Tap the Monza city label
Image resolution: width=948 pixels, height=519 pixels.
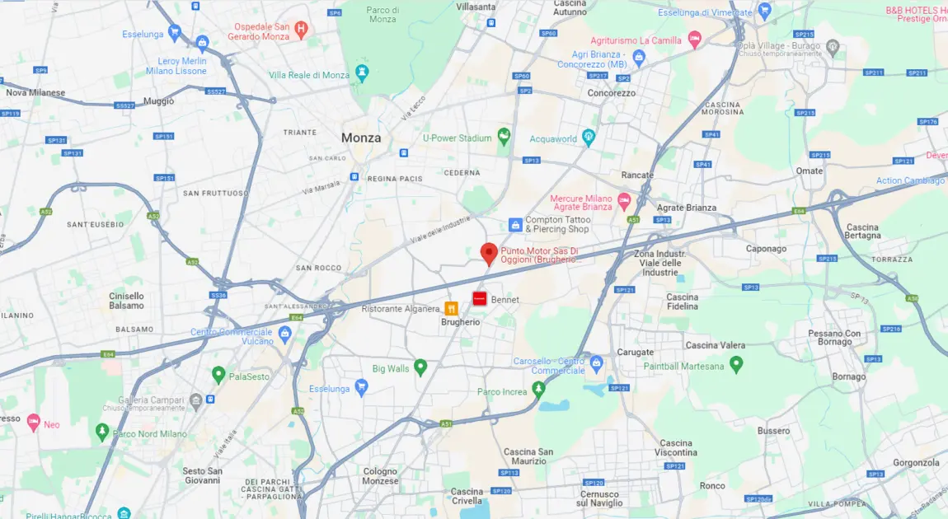361,138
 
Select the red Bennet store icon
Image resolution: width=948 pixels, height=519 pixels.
479,299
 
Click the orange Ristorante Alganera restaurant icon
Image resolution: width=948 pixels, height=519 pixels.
451,308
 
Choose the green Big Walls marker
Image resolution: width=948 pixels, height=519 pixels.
420,367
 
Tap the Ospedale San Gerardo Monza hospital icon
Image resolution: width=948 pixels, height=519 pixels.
302,31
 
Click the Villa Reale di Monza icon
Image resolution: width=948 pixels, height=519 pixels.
361,73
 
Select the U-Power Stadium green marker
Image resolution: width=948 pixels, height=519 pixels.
504,137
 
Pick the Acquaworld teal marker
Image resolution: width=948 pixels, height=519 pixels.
588,138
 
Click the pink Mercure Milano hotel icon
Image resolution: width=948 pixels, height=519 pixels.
624,201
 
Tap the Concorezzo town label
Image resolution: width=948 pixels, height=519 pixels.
611,93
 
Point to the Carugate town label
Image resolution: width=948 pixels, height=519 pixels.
635,352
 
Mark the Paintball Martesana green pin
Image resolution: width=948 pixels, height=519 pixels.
736,363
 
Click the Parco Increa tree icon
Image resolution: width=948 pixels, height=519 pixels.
538,390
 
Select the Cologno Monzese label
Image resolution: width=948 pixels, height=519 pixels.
380,475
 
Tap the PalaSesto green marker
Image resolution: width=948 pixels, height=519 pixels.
218,375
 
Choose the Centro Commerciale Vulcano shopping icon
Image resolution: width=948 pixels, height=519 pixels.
285,334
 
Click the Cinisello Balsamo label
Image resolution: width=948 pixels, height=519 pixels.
126,301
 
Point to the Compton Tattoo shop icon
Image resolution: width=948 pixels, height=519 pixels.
515,224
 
